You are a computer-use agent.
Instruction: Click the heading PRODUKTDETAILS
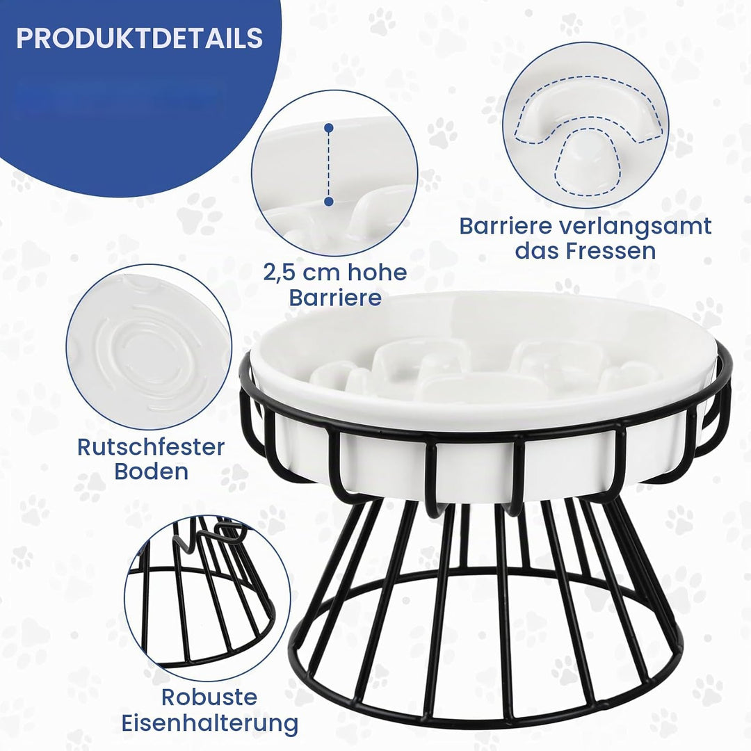point(139,38)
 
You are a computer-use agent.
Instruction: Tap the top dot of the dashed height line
point(328,129)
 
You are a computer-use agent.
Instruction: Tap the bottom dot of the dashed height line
point(328,202)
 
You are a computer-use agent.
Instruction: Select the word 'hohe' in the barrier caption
point(377,272)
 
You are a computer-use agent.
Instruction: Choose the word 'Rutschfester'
point(151,447)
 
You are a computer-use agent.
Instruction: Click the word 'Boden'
point(152,471)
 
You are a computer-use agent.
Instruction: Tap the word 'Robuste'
point(209,697)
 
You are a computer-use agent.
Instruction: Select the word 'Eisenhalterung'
point(210,722)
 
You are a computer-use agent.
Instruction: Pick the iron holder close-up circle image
point(207,598)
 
